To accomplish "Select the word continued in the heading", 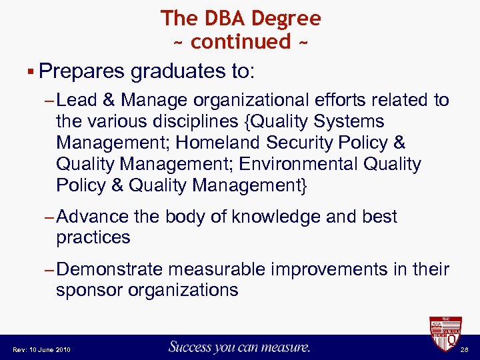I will (241, 41).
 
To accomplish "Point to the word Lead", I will (77, 101).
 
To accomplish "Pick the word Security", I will (301, 143).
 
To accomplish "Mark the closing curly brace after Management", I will (305, 185).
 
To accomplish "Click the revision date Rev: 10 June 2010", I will (42, 349).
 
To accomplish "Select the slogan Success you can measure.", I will (240, 347).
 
